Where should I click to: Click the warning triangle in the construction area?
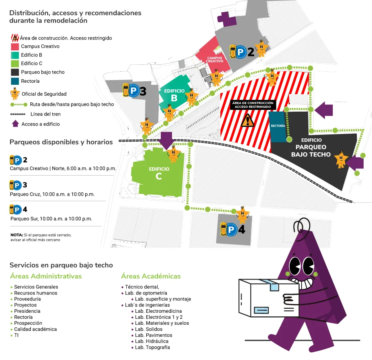pos(248,120)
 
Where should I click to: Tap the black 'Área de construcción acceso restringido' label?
pos(254,105)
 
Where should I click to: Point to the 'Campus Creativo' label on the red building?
pos(215,60)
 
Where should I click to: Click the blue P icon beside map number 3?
pos(134,91)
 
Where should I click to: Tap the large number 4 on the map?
pos(241,230)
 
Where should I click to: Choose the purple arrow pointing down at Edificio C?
pos(166,140)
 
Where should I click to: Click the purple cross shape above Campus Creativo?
pos(226,18)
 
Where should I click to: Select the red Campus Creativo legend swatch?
pos(15,46)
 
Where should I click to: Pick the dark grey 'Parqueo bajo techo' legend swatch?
pos(15,72)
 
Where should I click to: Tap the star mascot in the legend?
pos(15,94)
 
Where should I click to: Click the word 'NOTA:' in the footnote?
pos(16,235)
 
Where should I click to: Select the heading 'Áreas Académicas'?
pos(151,276)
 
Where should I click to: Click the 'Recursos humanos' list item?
pos(36,293)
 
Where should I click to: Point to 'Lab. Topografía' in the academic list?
pos(152,348)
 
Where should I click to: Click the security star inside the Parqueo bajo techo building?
pos(341,159)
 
